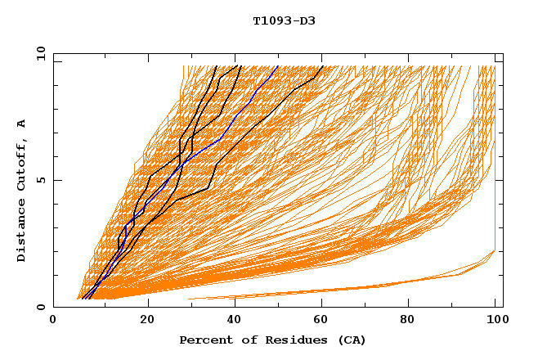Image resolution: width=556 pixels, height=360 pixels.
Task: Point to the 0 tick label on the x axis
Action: click(x=54, y=320)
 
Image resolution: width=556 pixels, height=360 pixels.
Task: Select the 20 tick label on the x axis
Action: click(x=147, y=320)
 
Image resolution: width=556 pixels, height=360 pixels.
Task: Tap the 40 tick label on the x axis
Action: click(x=235, y=320)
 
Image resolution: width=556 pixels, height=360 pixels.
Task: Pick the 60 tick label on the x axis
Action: click(x=325, y=320)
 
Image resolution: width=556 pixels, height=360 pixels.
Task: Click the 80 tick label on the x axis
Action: click(x=413, y=320)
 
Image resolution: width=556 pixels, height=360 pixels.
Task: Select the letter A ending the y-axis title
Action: click(x=22, y=124)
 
